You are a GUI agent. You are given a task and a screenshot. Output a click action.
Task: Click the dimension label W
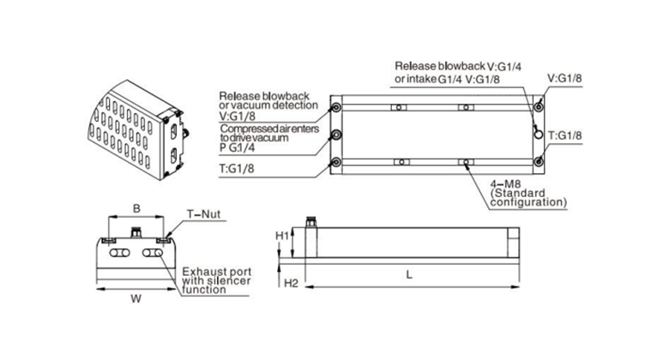pyautogui.click(x=135, y=298)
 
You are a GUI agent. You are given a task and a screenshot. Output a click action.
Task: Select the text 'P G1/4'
pyautogui.click(x=238, y=147)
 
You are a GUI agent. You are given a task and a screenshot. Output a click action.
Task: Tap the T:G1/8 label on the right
pyautogui.click(x=564, y=135)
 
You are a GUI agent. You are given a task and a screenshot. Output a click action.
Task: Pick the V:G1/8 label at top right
pyautogui.click(x=565, y=79)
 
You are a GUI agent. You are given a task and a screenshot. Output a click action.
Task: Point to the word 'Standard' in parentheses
pyautogui.click(x=515, y=195)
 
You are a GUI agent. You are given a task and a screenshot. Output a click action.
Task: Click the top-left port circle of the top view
pyautogui.click(x=335, y=107)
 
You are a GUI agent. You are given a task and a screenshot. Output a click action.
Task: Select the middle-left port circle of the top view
pyautogui.click(x=335, y=135)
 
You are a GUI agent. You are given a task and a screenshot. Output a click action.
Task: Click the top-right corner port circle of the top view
pyautogui.click(x=538, y=107)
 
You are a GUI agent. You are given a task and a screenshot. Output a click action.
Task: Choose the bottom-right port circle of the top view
pyautogui.click(x=538, y=162)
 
